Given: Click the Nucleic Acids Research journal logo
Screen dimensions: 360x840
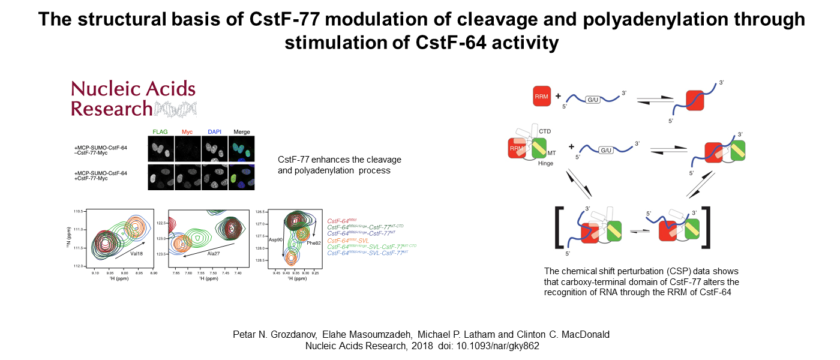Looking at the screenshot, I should (133, 98).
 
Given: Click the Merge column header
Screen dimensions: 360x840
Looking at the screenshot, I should (241, 132).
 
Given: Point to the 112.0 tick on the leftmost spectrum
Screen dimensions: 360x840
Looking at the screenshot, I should (80, 265).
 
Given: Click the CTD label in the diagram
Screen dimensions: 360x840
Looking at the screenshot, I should (545, 131).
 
